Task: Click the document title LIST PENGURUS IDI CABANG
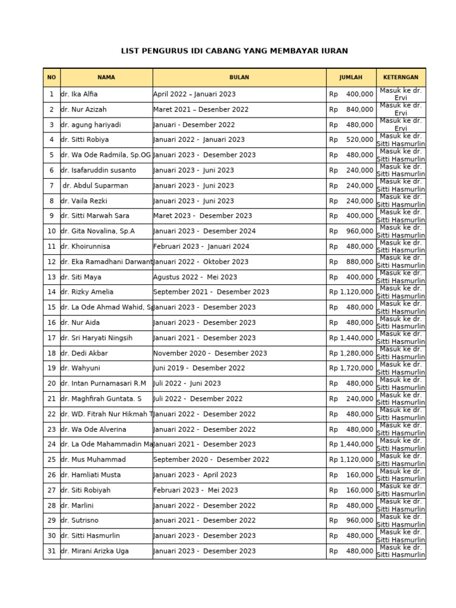pos(234,51)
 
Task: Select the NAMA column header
pos(106,77)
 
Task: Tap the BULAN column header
pos(239,77)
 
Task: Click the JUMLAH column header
pos(351,77)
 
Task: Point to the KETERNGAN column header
pos(401,77)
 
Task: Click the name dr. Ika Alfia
pos(79,94)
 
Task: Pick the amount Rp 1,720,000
pos(351,368)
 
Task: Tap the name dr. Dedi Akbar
pos(84,353)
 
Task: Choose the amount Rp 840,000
pos(351,110)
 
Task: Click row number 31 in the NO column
pos(52,551)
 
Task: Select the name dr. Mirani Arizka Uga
pos(94,551)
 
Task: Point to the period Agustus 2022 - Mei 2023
pos(195,277)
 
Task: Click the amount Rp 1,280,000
pos(351,353)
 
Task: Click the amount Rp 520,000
pos(351,140)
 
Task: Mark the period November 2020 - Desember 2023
pos(210,353)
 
